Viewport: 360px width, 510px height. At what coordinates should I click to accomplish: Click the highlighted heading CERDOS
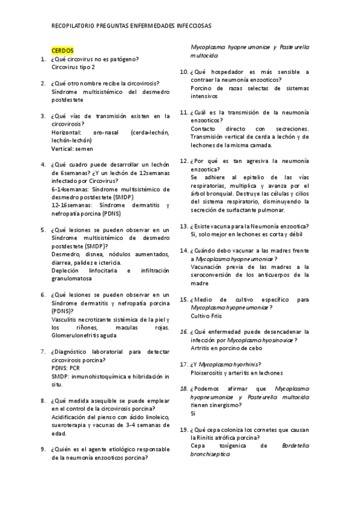63,51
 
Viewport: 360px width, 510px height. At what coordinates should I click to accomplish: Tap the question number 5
43,230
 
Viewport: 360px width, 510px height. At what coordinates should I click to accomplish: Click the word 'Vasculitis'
66,319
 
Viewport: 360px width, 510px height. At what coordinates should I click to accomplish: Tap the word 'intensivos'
204,96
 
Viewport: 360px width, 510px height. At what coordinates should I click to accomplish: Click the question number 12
185,161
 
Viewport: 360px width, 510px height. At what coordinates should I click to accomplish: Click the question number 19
185,430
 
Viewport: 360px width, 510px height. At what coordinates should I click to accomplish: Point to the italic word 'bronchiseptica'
210,454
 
